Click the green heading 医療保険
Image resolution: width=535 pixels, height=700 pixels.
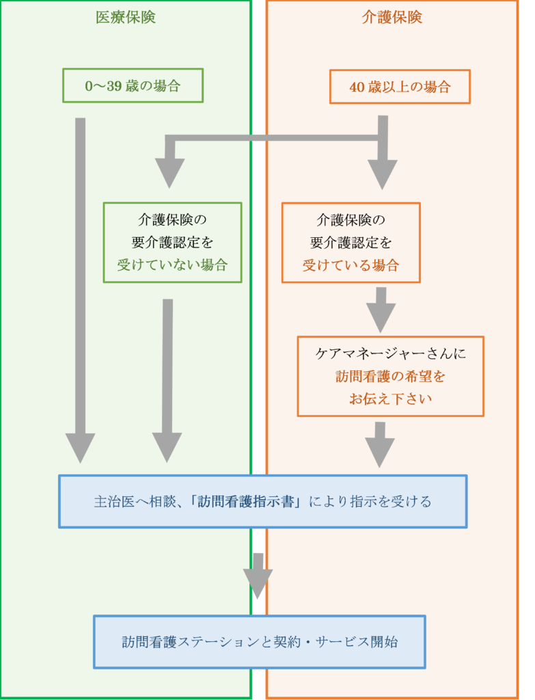(x=126, y=18)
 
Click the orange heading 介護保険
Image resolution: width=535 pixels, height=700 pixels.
(x=392, y=18)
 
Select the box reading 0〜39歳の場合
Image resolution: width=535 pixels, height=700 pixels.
(x=133, y=86)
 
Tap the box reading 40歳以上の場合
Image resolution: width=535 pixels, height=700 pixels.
(x=400, y=87)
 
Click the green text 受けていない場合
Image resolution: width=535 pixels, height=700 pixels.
(x=172, y=265)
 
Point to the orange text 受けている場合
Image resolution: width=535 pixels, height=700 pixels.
(x=351, y=265)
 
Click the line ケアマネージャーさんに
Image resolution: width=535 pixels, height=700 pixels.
(x=390, y=354)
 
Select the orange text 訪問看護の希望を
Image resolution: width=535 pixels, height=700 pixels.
(x=390, y=376)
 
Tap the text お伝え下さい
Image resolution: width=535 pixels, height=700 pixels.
(x=390, y=399)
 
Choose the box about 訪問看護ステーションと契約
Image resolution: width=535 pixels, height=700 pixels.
(x=259, y=642)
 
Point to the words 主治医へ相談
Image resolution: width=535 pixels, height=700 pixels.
(x=133, y=502)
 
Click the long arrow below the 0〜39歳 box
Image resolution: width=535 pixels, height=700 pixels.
(x=80, y=287)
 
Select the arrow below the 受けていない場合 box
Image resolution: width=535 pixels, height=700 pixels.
(x=167, y=376)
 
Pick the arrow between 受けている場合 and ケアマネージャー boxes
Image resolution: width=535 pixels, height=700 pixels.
(x=381, y=309)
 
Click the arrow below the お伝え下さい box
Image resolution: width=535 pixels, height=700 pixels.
(x=380, y=444)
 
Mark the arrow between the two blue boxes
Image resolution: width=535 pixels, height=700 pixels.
(x=258, y=575)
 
